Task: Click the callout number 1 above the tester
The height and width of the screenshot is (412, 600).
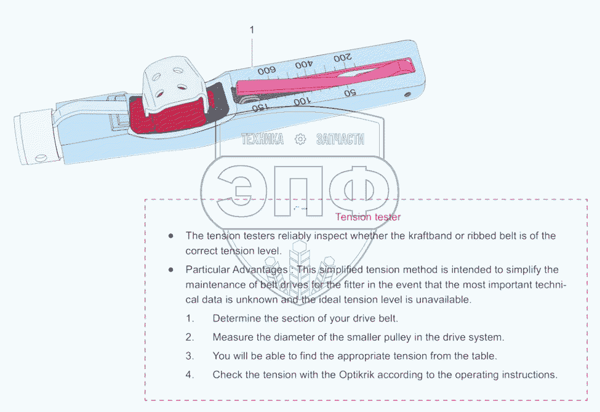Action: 252,30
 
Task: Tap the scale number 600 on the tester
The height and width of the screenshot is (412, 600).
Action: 267,71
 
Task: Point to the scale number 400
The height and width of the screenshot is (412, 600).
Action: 305,64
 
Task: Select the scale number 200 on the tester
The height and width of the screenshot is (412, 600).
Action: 343,58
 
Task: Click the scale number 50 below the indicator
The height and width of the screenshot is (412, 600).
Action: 350,93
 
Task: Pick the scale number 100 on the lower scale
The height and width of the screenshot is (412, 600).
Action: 302,101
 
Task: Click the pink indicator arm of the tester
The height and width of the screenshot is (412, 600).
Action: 320,77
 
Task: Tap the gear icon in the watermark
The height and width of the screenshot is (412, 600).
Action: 300,139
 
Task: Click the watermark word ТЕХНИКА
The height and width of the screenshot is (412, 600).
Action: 263,139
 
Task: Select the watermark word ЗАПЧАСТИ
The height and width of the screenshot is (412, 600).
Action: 340,139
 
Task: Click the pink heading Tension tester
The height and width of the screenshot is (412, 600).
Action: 368,217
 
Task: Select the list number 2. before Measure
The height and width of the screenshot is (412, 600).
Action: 190,337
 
